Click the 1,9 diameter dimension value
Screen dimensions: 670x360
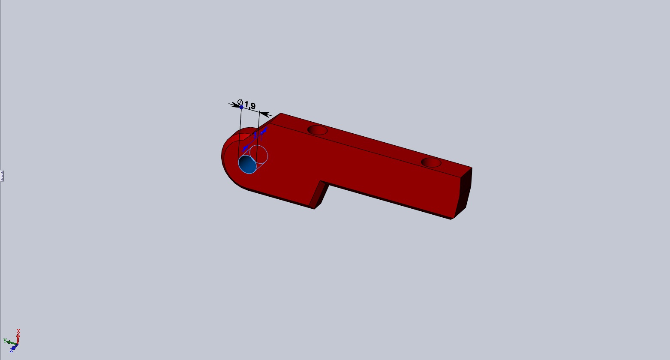pyautogui.click(x=250, y=105)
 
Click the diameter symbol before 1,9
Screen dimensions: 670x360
pyautogui.click(x=240, y=102)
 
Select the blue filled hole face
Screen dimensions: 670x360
pyautogui.click(x=247, y=165)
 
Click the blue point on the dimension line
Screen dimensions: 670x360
pyautogui.click(x=241, y=107)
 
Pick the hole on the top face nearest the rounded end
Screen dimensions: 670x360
pyautogui.click(x=317, y=130)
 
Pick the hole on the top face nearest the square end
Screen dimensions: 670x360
pyautogui.click(x=431, y=163)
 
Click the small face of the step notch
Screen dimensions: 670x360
pyautogui.click(x=318, y=194)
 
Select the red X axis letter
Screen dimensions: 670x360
pyautogui.click(x=18, y=331)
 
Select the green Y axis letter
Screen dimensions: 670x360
pyautogui.click(x=5, y=341)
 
